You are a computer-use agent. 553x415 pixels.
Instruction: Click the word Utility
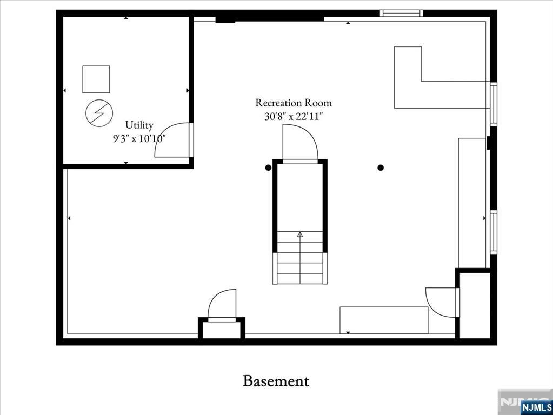pyautogui.click(x=139, y=125)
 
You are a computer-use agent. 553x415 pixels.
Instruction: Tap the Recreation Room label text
pyautogui.click(x=294, y=103)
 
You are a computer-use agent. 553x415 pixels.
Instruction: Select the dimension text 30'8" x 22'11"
pyautogui.click(x=294, y=116)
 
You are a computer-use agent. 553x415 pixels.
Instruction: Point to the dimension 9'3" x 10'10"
pyautogui.click(x=139, y=138)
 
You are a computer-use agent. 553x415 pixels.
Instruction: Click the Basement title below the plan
pyautogui.click(x=276, y=381)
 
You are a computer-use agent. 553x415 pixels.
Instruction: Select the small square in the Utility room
pyautogui.click(x=96, y=79)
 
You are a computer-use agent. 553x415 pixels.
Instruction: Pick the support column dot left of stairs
pyautogui.click(x=268, y=168)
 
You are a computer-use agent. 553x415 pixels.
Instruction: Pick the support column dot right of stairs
pyautogui.click(x=381, y=168)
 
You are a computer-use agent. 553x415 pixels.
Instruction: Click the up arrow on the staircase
pyautogui.click(x=300, y=235)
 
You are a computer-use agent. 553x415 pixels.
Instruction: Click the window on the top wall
pyautogui.click(x=401, y=13)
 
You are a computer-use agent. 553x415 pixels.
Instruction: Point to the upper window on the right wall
pyautogui.click(x=493, y=104)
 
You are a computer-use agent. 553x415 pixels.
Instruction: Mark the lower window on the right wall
pyautogui.click(x=493, y=232)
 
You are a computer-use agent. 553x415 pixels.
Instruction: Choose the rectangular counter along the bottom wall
pyautogui.click(x=384, y=320)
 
